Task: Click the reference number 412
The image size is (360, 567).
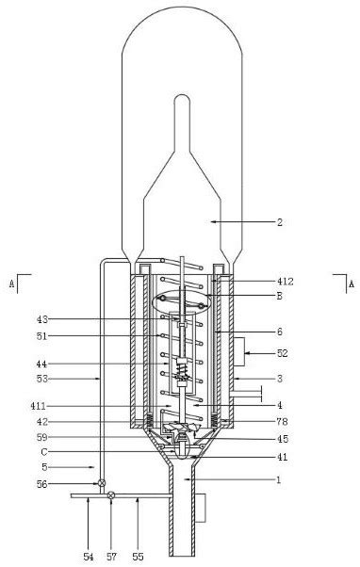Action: pyautogui.click(x=286, y=281)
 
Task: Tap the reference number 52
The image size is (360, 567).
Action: pyautogui.click(x=282, y=353)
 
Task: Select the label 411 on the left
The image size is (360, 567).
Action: pyautogui.click(x=39, y=406)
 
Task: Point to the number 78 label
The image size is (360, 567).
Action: pyautogui.click(x=282, y=421)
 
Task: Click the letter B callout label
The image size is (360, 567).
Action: pyautogui.click(x=279, y=296)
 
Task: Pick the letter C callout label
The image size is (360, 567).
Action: pyautogui.click(x=43, y=452)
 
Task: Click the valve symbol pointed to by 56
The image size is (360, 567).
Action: pyautogui.click(x=102, y=483)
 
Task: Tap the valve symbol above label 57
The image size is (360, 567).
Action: pyautogui.click(x=111, y=495)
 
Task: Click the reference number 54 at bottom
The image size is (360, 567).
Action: pyautogui.click(x=89, y=557)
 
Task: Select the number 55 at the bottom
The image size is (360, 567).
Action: pyautogui.click(x=138, y=557)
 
